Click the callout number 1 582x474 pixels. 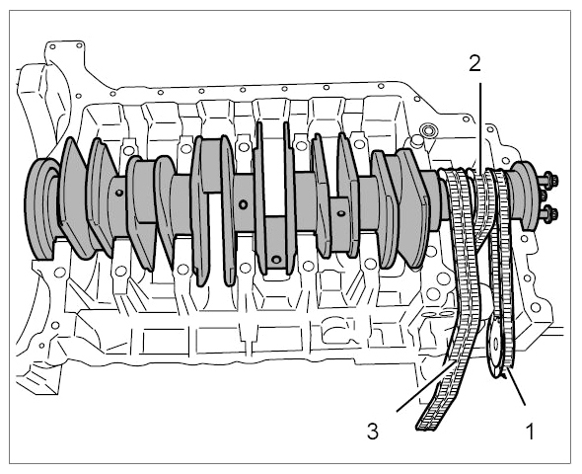pyautogui.click(x=530, y=432)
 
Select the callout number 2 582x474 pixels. pyautogui.click(x=474, y=63)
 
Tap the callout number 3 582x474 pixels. pyautogui.click(x=372, y=432)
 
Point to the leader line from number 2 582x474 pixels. pyautogui.click(x=480, y=127)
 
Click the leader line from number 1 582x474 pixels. pyautogui.click(x=517, y=386)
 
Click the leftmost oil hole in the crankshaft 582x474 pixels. pyautogui.click(x=118, y=193)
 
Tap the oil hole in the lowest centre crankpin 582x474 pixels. pyautogui.click(x=276, y=259)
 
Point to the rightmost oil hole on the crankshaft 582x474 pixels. pyautogui.click(x=340, y=213)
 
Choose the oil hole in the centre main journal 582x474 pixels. pyautogui.click(x=243, y=204)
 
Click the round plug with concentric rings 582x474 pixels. pyautogui.click(x=429, y=130)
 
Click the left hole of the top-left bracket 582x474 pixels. pyautogui.click(x=52, y=46)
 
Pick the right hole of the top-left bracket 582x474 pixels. pyautogui.click(x=79, y=45)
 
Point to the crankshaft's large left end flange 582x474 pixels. pyautogui.click(x=42, y=208)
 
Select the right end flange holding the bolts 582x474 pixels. pyautogui.click(x=523, y=197)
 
